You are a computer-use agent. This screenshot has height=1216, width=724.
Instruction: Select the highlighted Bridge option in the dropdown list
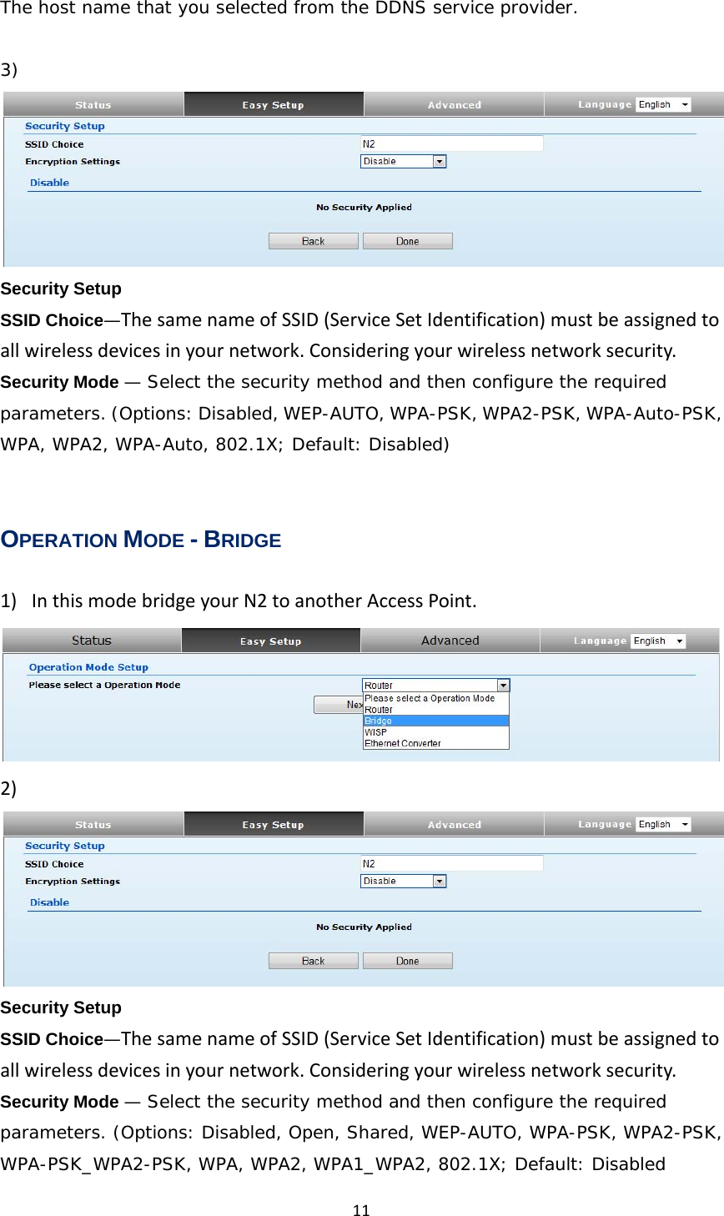378,721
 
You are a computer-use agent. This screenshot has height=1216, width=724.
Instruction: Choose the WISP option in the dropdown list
375,732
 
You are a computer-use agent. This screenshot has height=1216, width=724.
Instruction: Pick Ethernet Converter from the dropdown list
402,743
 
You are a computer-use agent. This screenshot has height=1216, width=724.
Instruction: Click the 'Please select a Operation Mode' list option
429,698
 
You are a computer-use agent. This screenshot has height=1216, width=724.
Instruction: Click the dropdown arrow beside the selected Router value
503,686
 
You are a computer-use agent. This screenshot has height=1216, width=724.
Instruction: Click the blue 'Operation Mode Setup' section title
88,667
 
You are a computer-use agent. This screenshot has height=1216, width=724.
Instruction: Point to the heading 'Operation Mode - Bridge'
141,540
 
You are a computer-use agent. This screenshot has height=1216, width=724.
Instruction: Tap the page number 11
361,1210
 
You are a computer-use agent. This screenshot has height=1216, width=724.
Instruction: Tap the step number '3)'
9,69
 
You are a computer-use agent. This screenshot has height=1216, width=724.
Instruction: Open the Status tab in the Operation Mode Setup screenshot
92,641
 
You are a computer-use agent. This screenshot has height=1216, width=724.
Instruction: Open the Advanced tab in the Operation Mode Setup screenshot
450,641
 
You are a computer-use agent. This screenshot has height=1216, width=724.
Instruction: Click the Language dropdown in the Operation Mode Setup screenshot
658,641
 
